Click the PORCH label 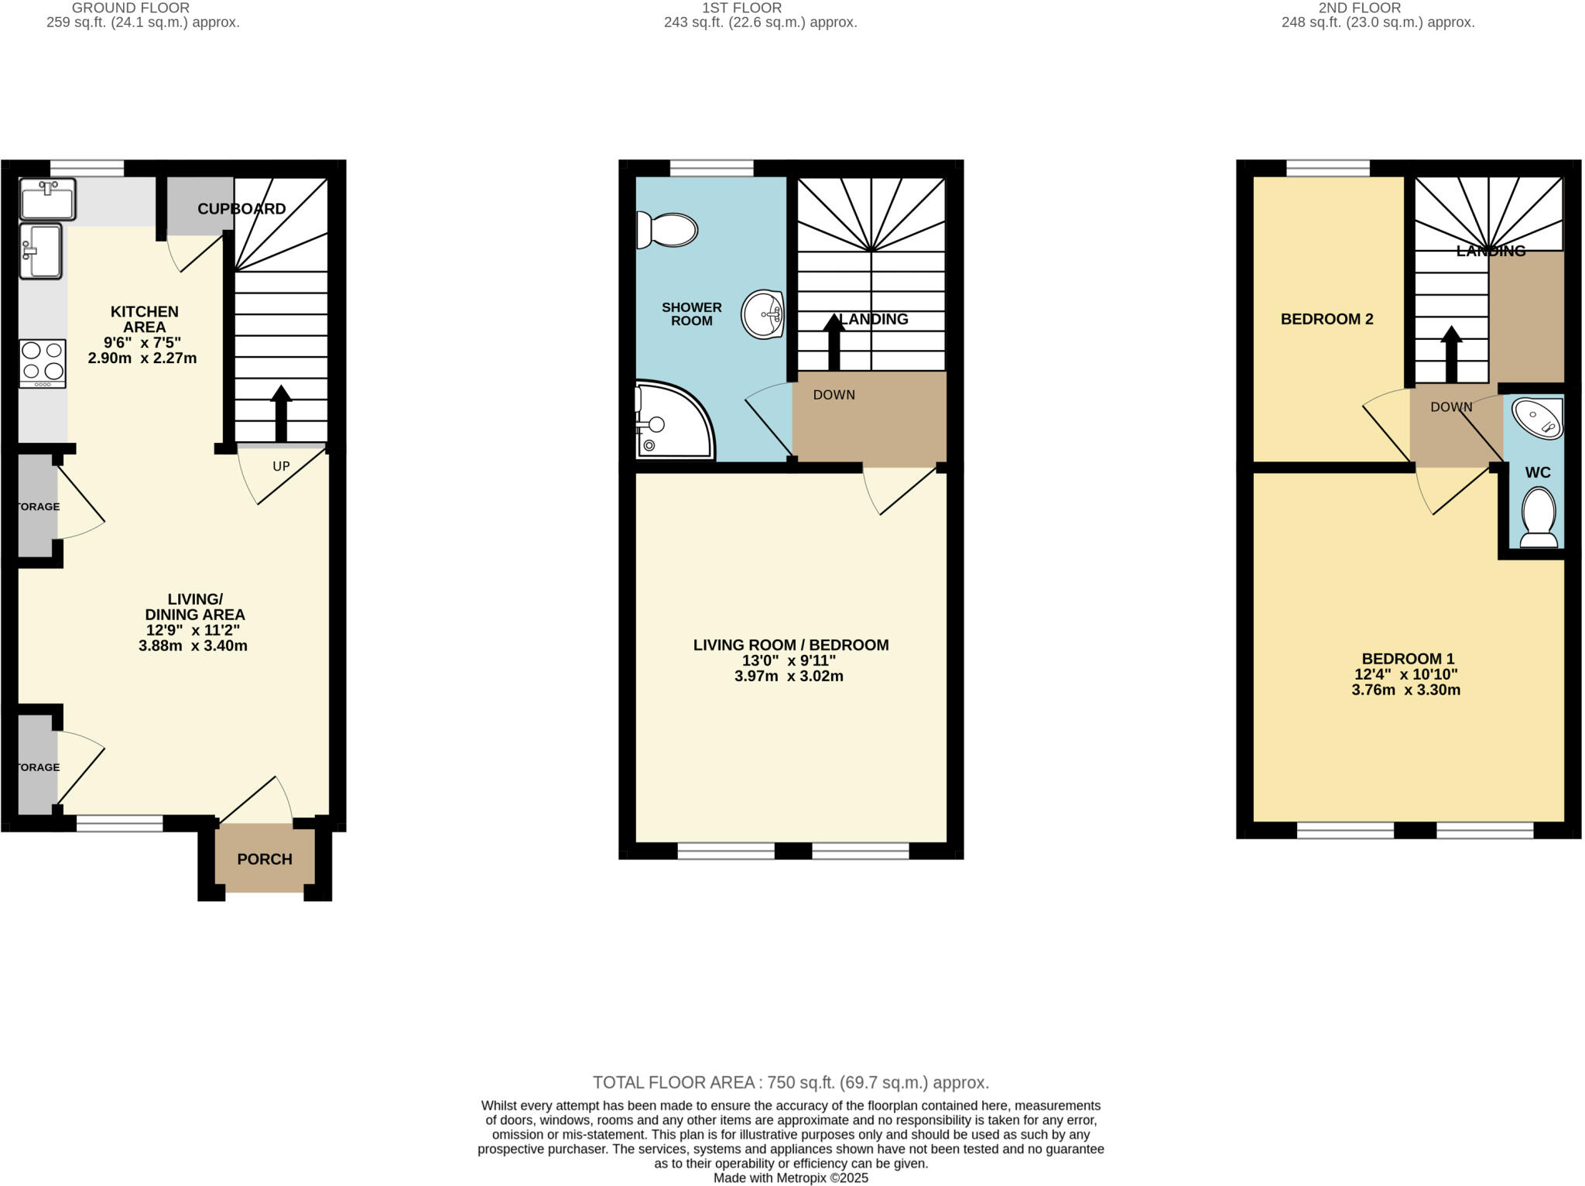pos(264,859)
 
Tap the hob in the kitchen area pos(43,363)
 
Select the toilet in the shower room pos(667,230)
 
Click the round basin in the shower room pos(762,314)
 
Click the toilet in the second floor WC pos(1539,516)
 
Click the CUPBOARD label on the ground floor pos(241,209)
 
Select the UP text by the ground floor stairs pos(281,466)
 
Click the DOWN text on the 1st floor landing pos(834,395)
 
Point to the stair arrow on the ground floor pos(281,413)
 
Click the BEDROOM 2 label pos(1327,319)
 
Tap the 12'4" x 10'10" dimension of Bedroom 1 pos(1405,674)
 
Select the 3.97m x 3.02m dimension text pos(789,676)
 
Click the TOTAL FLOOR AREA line pos(790,1082)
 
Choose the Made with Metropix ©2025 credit pos(790,1178)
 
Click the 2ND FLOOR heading pos(1359,8)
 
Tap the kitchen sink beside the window pos(48,199)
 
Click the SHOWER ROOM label pos(691,314)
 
